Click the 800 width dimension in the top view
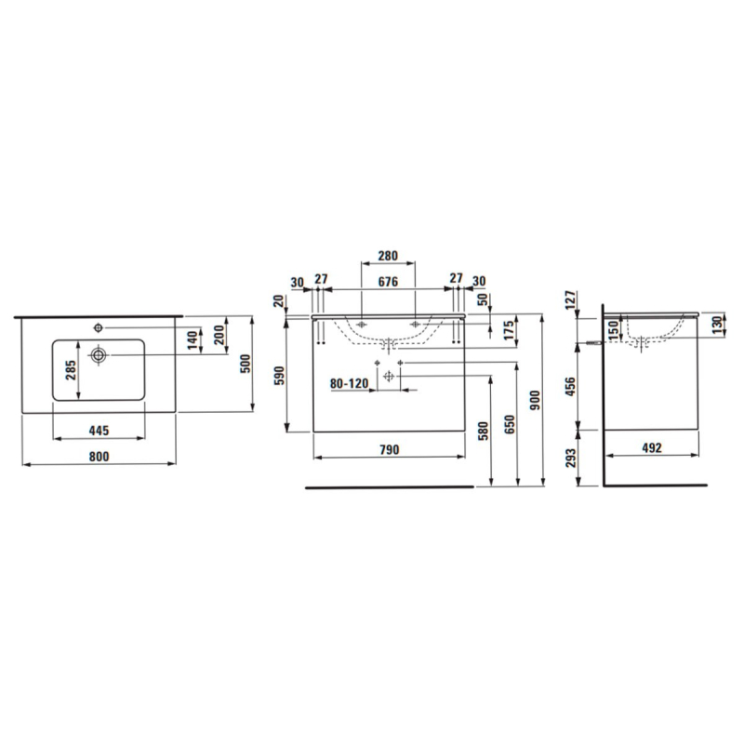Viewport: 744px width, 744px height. pos(100,457)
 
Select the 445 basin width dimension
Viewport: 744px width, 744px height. pos(100,431)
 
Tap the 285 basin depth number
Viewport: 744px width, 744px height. pos(71,370)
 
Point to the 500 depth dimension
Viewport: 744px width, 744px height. pos(245,364)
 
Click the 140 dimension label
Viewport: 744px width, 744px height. pos(192,340)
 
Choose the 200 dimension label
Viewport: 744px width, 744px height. pos(219,336)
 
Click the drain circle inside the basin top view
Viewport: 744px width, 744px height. pos(99,354)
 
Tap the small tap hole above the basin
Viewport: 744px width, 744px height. pos(99,327)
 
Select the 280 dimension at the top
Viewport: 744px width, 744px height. pos(388,256)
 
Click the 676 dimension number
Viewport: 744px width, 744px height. pos(388,282)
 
